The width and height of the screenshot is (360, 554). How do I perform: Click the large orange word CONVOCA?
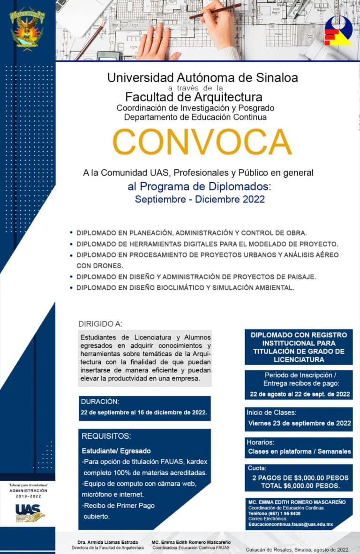[x=202, y=142]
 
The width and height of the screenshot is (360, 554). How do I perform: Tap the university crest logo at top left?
[x=27, y=28]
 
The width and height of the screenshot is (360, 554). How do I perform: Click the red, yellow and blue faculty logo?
[x=338, y=30]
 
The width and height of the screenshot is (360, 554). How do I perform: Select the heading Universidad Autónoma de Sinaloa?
[x=202, y=77]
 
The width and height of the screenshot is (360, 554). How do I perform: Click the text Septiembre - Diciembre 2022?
[x=200, y=199]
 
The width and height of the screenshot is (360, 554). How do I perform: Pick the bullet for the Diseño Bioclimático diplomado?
[x=71, y=287]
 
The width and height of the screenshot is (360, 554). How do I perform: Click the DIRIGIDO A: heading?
[x=100, y=324]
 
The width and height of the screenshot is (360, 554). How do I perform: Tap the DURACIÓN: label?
[x=100, y=402]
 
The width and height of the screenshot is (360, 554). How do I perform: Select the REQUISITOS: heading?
[x=106, y=436]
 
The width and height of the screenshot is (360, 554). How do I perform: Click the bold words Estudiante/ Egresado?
[x=116, y=451]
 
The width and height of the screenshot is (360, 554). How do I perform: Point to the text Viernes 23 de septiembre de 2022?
[x=300, y=423]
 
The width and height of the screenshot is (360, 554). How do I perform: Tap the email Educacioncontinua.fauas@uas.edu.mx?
[x=291, y=524]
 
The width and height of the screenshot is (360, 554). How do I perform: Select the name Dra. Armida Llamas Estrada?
[x=108, y=542]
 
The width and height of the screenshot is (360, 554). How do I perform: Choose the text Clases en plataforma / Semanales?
[x=300, y=452]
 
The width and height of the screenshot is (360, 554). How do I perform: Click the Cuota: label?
[x=256, y=468]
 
